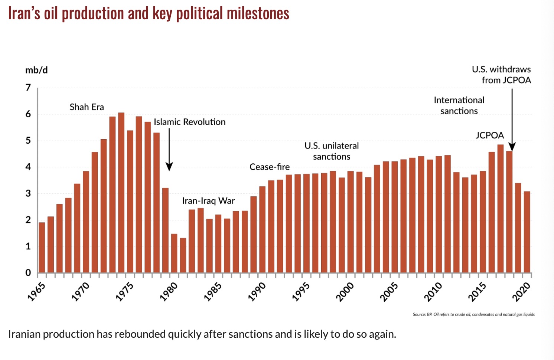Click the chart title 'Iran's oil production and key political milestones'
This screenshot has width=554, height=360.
pyautogui.click(x=149, y=14)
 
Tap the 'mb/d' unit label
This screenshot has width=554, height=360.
pyautogui.click(x=36, y=70)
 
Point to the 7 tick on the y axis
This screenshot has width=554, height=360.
pyautogui.click(x=28, y=88)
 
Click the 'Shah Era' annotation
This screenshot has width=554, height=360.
pyautogui.click(x=87, y=107)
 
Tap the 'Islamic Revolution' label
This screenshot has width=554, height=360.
pyautogui.click(x=189, y=122)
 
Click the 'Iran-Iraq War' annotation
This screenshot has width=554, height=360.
pyautogui.click(x=208, y=201)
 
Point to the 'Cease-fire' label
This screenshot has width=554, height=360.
pyautogui.click(x=269, y=167)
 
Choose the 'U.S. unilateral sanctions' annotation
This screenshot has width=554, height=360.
pyautogui.click(x=332, y=151)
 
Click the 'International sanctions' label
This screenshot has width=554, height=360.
pyautogui.click(x=459, y=105)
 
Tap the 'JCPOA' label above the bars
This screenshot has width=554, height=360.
pyautogui.click(x=489, y=135)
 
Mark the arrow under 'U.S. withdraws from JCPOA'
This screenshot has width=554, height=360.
pyautogui.click(x=512, y=119)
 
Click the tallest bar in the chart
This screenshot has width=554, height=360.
pyautogui.click(x=121, y=193)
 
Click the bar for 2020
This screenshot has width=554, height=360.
pyautogui.click(x=527, y=232)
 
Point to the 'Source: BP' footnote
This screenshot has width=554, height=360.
pyautogui.click(x=473, y=314)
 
